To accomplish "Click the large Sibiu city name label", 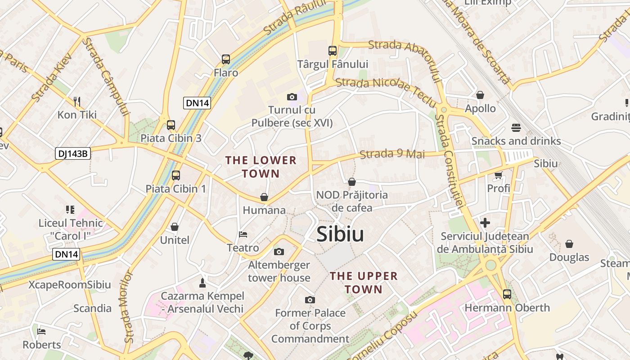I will coord(340,234).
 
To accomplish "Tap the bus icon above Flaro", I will coord(226,59).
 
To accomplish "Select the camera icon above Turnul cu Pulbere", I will coord(292,97).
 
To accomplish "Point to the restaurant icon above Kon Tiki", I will coord(77,101).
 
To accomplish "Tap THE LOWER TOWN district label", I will coord(261,167).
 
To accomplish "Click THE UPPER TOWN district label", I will coord(364,283).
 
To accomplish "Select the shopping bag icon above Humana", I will coord(264,197).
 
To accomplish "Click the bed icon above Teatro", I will coord(243,234).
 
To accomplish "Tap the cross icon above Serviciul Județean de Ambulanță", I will coord(485,223).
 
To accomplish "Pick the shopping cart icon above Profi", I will coord(498,175).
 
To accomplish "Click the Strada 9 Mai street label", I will coord(392,154).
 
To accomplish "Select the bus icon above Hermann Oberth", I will coord(507,294).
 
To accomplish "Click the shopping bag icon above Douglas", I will coord(569,244).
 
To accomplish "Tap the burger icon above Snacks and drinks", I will coord(516,128).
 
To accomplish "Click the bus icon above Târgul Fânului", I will coord(333,51).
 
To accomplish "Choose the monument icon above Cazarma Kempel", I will coord(202,283).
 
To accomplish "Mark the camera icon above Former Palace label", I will coord(310,300).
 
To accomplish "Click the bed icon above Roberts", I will coord(41,332).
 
